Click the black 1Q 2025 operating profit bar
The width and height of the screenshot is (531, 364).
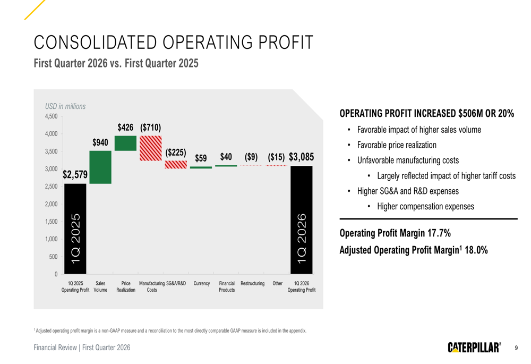(75, 229)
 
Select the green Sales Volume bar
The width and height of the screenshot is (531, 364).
(100, 167)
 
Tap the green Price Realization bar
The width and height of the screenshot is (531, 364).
(126, 143)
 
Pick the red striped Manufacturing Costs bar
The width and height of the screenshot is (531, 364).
(151, 148)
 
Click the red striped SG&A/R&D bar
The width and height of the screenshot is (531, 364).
(176, 165)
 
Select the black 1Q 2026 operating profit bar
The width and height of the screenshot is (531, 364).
(302, 220)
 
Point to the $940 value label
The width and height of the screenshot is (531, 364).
(100, 143)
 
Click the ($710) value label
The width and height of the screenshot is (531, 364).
(151, 128)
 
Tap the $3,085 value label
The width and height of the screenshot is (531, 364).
(302, 157)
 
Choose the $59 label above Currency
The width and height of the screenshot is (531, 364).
(201, 158)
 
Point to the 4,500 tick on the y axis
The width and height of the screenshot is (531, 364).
(51, 116)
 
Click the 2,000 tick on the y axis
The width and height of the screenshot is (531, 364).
(51, 204)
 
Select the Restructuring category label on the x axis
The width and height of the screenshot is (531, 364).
(252, 283)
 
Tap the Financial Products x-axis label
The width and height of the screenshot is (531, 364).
(227, 286)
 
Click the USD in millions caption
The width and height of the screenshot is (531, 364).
(65, 106)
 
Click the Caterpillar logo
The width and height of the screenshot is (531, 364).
(474, 348)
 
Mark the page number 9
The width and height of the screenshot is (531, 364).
(516, 348)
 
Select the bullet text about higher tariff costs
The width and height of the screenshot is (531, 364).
(447, 176)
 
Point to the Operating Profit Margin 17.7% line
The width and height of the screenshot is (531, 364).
(395, 233)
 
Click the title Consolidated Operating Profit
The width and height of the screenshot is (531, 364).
(174, 43)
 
